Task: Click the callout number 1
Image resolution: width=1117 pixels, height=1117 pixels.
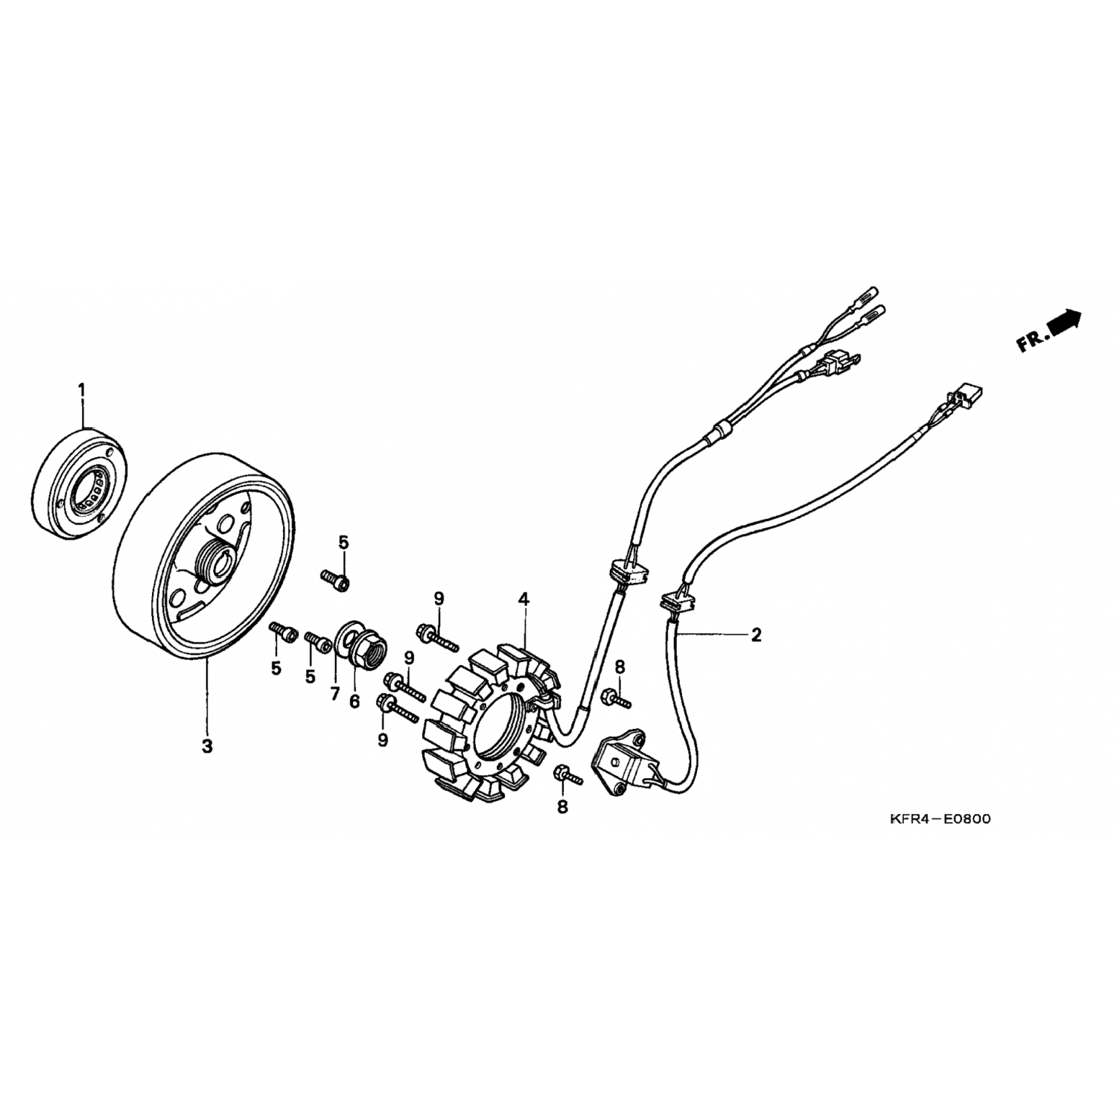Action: [82, 389]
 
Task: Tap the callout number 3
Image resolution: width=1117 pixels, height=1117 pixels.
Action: [207, 745]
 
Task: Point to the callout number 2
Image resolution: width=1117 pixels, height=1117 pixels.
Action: [757, 634]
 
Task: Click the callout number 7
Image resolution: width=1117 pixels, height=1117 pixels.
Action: [334, 694]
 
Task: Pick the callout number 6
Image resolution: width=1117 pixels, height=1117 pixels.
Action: [354, 701]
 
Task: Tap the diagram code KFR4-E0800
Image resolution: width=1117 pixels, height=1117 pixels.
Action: [940, 819]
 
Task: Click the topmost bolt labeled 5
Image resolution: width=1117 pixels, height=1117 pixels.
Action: [336, 579]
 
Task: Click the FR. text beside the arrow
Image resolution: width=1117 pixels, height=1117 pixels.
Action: [1031, 342]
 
